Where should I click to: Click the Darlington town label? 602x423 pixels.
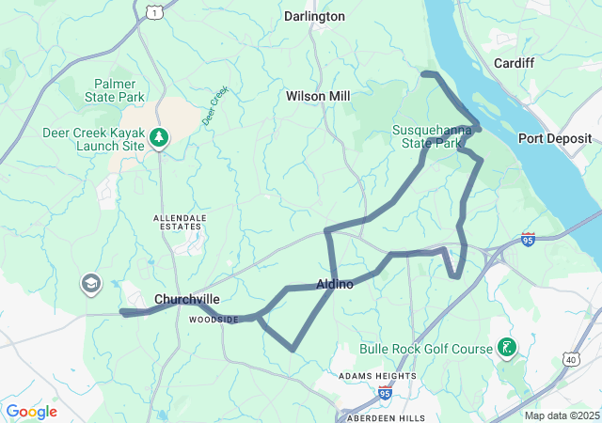pyautogui.click(x=314, y=16)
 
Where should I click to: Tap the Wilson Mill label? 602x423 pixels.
pyautogui.click(x=318, y=96)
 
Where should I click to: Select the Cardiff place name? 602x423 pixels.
pyautogui.click(x=514, y=63)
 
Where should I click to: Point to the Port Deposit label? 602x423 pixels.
pyautogui.click(x=555, y=138)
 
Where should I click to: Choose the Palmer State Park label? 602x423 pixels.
pyautogui.click(x=119, y=90)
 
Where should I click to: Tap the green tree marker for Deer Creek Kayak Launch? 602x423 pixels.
pyautogui.click(x=160, y=138)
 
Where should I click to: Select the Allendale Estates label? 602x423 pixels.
pyautogui.click(x=179, y=222)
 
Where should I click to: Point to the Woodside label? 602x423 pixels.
pyautogui.click(x=214, y=320)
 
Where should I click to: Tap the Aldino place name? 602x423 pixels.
pyautogui.click(x=335, y=284)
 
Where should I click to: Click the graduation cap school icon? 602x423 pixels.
pyautogui.click(x=90, y=284)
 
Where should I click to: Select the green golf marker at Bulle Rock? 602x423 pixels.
pyautogui.click(x=507, y=349)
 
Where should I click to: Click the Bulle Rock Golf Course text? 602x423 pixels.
pyautogui.click(x=426, y=349)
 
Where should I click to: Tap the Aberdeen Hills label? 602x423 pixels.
pyautogui.click(x=386, y=416)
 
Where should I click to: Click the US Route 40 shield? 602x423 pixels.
pyautogui.click(x=572, y=358)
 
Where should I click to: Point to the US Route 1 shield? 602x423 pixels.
pyautogui.click(x=153, y=10)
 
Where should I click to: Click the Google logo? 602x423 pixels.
pyautogui.click(x=31, y=412)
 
